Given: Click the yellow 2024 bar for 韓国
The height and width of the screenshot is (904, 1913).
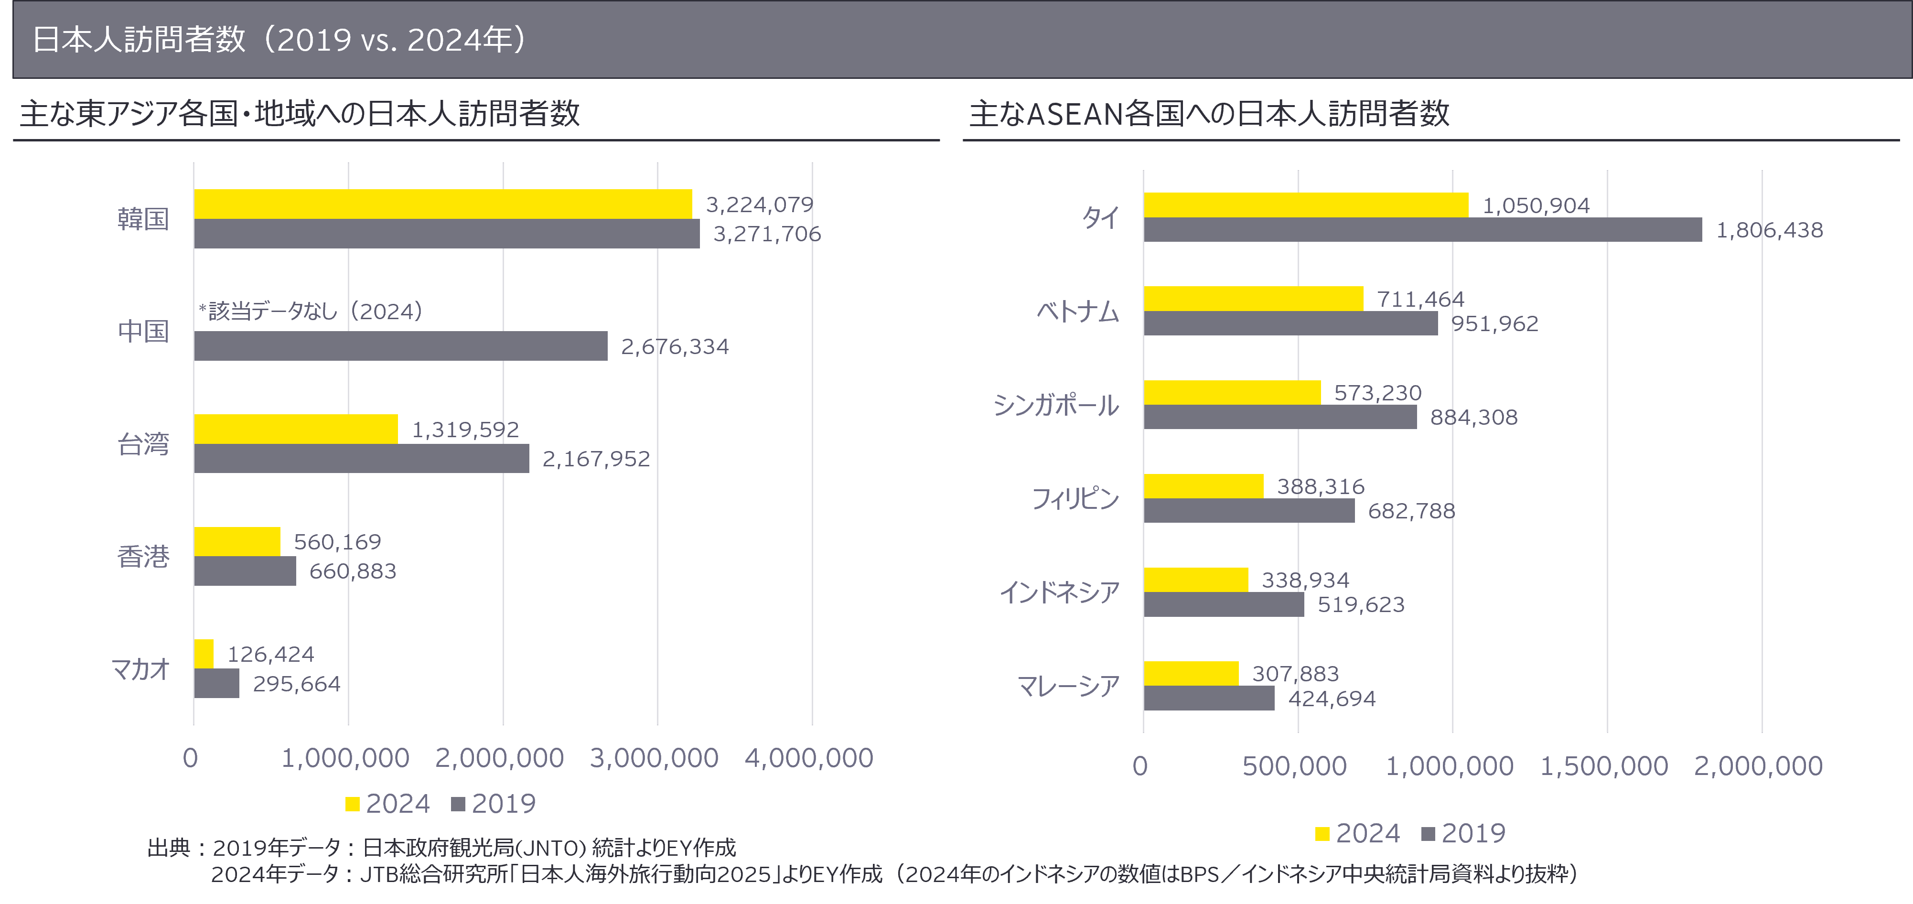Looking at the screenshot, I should coord(442,204).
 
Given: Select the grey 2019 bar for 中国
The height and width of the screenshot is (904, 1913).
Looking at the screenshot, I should coord(400,346).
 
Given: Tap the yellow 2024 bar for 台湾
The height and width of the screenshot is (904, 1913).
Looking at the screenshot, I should coord(296,430).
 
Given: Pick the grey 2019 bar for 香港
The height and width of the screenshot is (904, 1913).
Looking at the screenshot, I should coord(245,571).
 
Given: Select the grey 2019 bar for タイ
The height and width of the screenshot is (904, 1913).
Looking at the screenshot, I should coord(1422,229).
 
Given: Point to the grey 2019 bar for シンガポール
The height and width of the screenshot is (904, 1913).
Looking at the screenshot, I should coord(1279,417).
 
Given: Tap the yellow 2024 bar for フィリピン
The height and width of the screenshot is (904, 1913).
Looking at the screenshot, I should coord(1203,486).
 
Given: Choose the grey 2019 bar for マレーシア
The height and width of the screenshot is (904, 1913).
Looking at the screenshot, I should coord(1209,698).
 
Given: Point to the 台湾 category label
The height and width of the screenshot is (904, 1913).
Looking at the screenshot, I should coord(143,444).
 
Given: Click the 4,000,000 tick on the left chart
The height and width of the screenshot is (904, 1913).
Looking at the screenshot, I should coord(809,758).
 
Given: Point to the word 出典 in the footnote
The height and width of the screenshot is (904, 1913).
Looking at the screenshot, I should coord(169,848).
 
